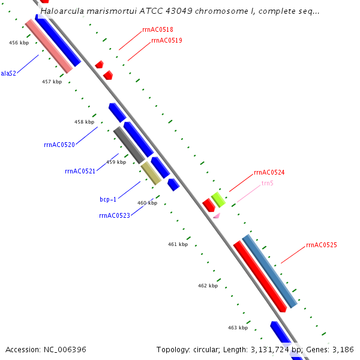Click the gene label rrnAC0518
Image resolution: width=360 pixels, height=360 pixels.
point(158,29)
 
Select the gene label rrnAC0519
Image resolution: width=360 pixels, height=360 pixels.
point(167,41)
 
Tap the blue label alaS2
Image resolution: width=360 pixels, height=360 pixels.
point(8,73)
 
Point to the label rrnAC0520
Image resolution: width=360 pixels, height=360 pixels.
point(59,145)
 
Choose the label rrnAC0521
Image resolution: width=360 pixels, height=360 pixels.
point(80,171)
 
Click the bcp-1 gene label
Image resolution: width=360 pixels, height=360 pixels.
point(108,199)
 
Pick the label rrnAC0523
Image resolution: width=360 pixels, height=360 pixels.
point(114,215)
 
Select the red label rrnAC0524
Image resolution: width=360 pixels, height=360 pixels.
point(269,172)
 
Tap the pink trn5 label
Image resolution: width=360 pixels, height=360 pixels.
point(267,183)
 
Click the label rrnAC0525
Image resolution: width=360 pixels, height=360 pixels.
point(321,245)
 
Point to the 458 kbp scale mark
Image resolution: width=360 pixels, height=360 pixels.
point(84,122)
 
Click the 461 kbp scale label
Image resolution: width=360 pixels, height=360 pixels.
point(178,244)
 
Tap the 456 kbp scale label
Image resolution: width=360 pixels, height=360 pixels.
point(19,43)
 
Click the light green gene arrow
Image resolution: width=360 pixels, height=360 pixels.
point(218,198)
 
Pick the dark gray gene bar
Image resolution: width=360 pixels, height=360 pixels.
point(128,145)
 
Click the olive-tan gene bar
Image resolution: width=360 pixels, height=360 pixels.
point(151,173)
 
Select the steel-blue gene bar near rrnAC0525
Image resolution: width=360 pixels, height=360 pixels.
point(269,271)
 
